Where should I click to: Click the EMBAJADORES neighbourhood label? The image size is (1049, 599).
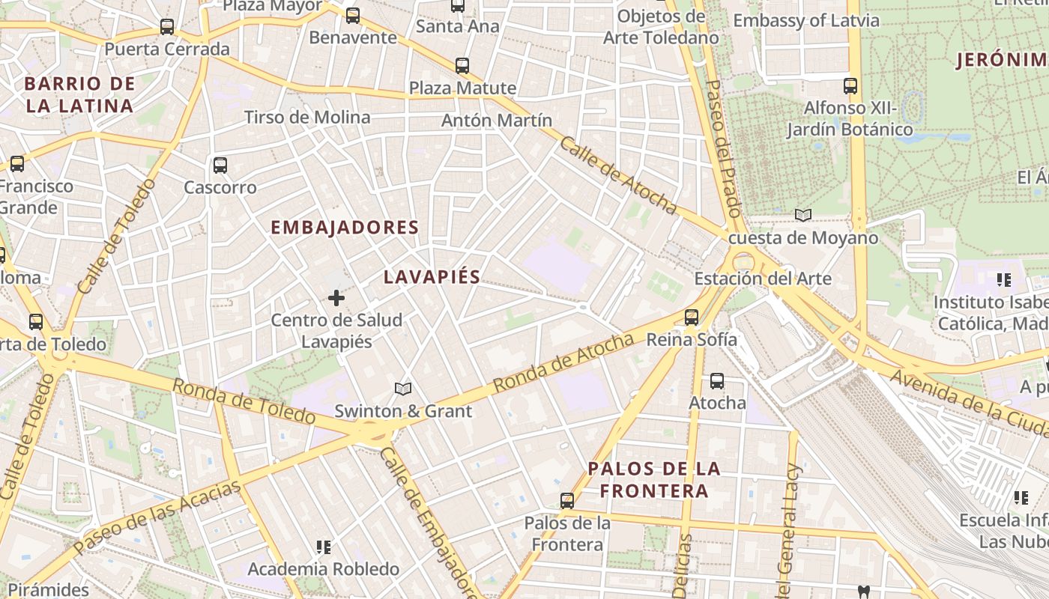[345, 228]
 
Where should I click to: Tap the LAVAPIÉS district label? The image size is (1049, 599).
[432, 277]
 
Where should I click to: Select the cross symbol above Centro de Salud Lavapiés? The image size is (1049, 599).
[336, 299]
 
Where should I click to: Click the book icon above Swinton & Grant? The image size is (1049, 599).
[403, 389]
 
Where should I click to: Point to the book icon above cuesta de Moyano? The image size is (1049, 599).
[803, 216]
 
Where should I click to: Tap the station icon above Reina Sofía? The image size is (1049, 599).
[692, 317]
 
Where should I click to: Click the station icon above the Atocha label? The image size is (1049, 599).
[717, 381]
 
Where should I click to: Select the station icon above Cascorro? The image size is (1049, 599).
[220, 165]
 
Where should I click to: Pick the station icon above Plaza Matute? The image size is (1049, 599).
[462, 66]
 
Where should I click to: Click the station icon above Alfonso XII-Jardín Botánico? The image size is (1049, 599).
[850, 86]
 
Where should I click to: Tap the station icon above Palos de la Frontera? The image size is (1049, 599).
[567, 501]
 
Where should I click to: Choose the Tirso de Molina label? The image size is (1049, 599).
[307, 118]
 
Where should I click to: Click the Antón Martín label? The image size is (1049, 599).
[497, 120]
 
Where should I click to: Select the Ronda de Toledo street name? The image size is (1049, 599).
[244, 401]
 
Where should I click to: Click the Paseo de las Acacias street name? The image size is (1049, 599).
[159, 514]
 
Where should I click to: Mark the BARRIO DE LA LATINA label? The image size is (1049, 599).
[80, 95]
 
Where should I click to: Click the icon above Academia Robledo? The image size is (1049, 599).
[324, 548]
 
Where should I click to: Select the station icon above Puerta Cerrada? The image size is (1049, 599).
[167, 28]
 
